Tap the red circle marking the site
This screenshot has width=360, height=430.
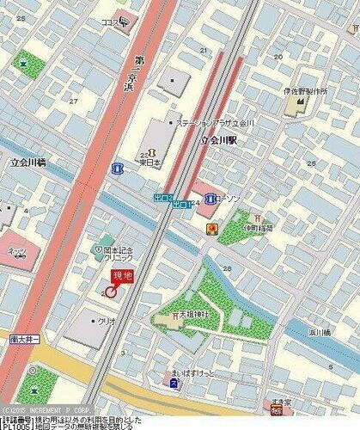tap(111, 292)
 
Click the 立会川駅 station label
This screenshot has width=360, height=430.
tap(217, 139)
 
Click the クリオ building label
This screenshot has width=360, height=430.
tap(107, 320)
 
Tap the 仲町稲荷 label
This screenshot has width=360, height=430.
tap(256, 229)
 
